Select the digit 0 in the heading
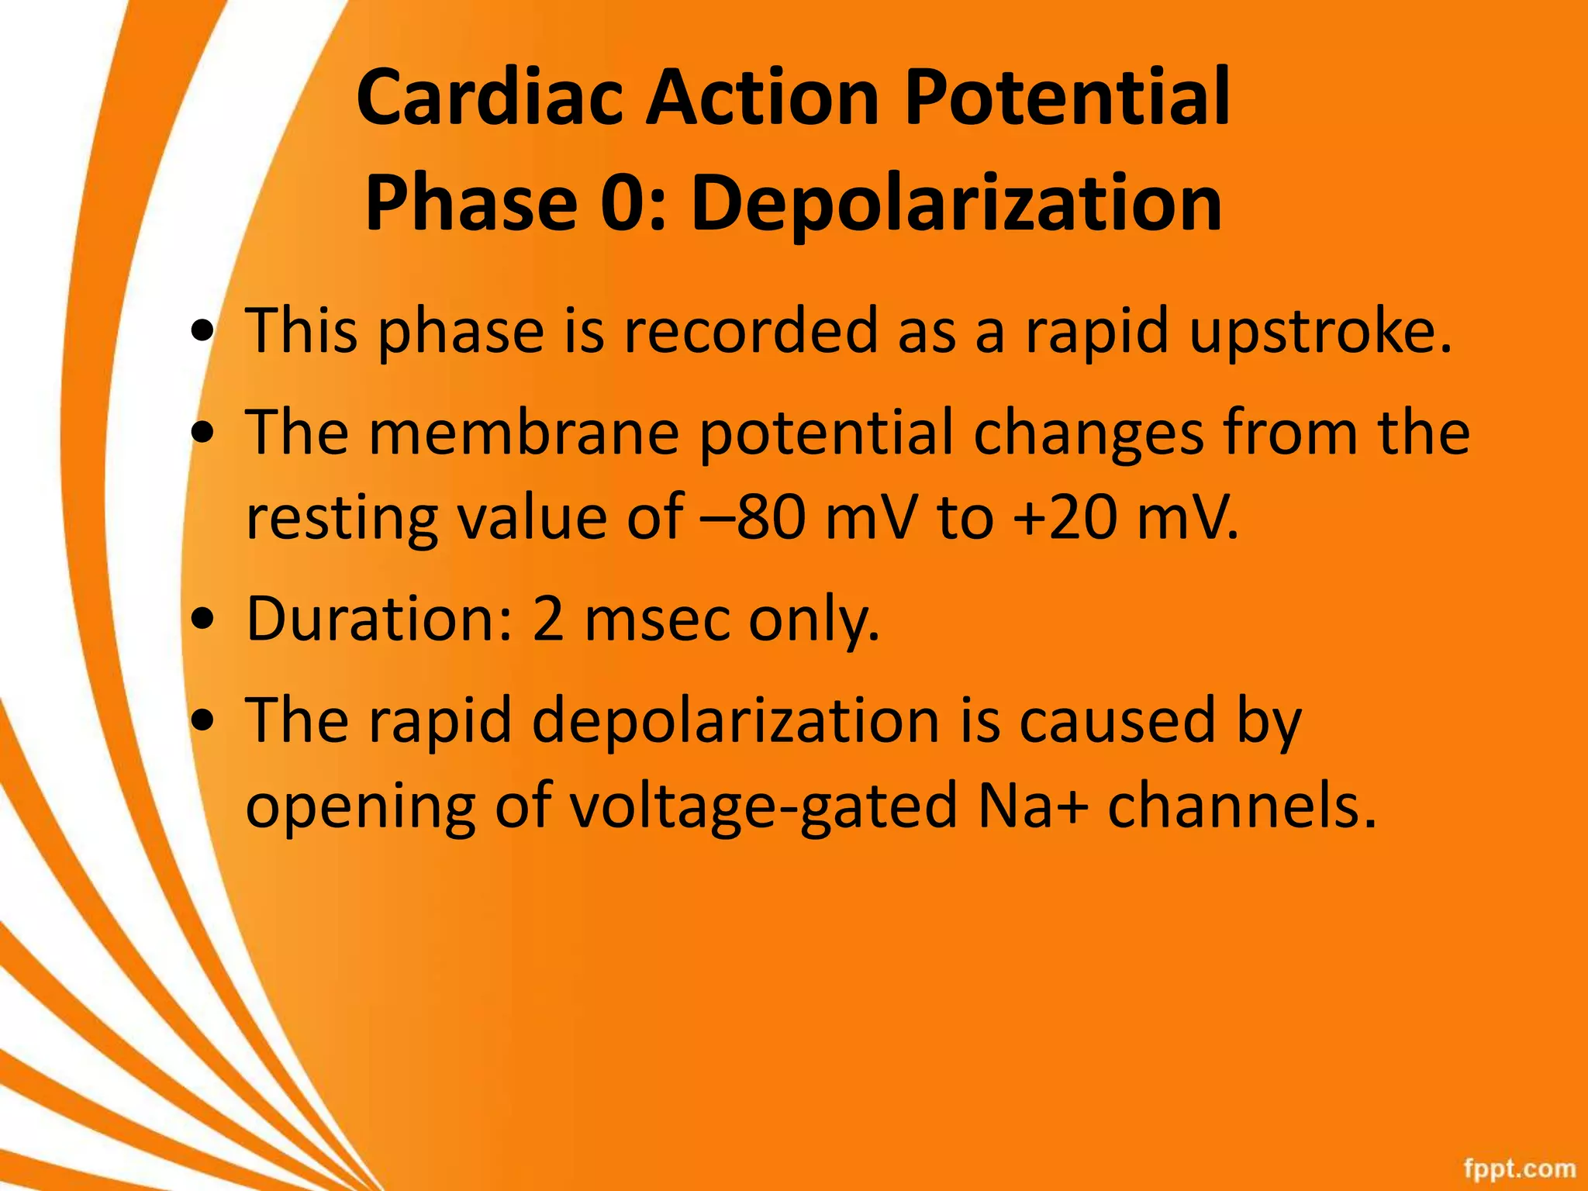pyautogui.click(x=623, y=203)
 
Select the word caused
pyautogui.click(x=1117, y=720)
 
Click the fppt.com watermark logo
pyautogui.click(x=1519, y=1168)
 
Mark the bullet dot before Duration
pyautogui.click(x=203, y=621)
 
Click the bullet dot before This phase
pyautogui.click(x=203, y=333)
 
